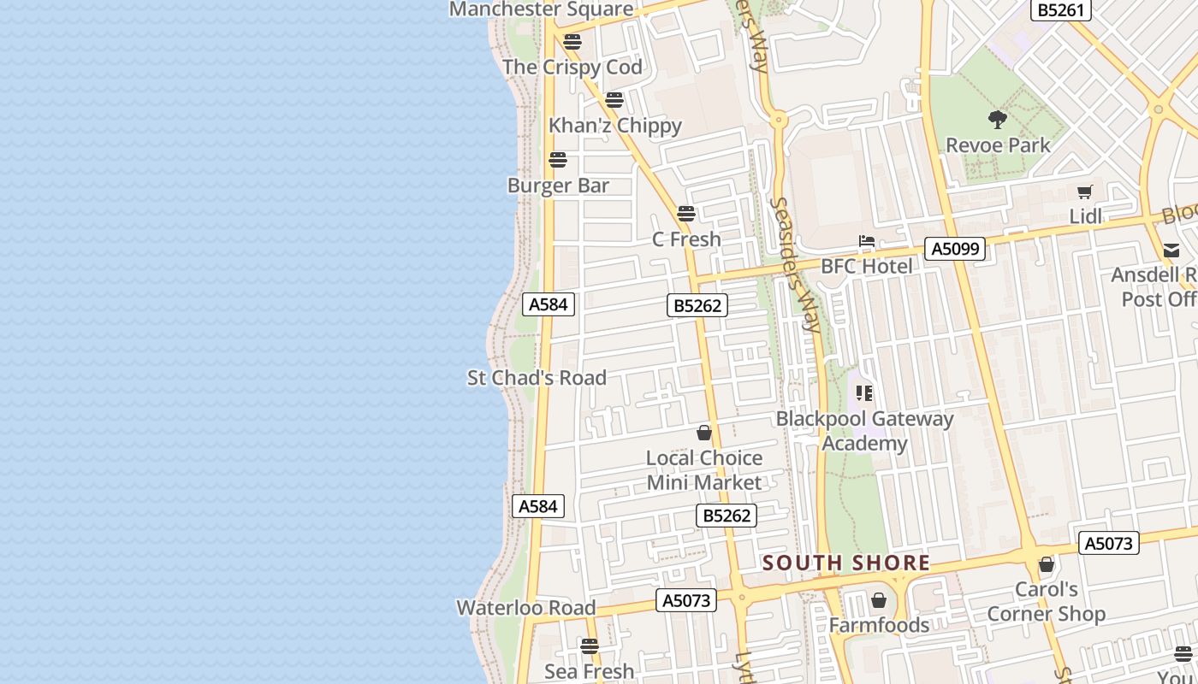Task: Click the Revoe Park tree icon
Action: (x=997, y=119)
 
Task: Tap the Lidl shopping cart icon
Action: (x=1085, y=192)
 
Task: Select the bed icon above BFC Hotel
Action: (x=867, y=241)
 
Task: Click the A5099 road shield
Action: (x=955, y=249)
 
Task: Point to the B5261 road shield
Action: (x=1060, y=10)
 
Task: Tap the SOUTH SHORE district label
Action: (x=846, y=563)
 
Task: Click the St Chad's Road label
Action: (x=537, y=377)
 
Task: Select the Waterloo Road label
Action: (x=525, y=608)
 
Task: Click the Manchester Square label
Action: (x=541, y=9)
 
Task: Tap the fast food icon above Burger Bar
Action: (x=558, y=160)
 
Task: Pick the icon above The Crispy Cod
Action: (x=572, y=42)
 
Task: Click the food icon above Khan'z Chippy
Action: (x=614, y=100)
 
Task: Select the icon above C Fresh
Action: (x=686, y=214)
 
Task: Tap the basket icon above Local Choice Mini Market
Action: (x=704, y=433)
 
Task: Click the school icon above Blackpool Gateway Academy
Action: (x=864, y=393)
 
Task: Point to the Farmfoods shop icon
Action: (x=878, y=600)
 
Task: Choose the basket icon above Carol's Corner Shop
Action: (x=1046, y=564)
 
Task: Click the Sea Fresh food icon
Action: (x=590, y=646)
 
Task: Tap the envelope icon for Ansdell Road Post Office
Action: (x=1171, y=251)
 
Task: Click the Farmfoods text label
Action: (x=879, y=625)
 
